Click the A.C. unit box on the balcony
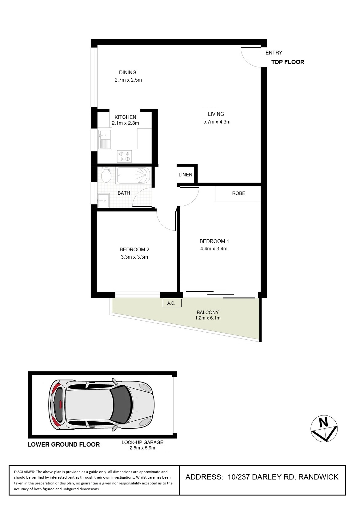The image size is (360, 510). click(172, 303)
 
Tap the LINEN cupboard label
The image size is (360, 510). click(185, 175)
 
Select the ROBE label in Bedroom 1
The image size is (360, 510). click(238, 193)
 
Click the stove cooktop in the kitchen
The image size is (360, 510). click(124, 156)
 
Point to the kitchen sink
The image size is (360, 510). click(105, 139)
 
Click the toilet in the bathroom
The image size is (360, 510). click(106, 175)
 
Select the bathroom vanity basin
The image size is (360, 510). click(103, 200)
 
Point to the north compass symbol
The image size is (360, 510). click(324, 429)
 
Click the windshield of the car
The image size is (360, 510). click(122, 404)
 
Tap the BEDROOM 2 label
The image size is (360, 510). click(134, 249)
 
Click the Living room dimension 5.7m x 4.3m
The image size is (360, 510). click(217, 122)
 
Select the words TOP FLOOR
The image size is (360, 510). click(288, 62)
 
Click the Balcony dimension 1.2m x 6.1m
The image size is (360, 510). click(208, 318)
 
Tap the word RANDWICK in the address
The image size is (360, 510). click(318, 477)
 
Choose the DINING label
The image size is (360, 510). click(128, 72)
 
